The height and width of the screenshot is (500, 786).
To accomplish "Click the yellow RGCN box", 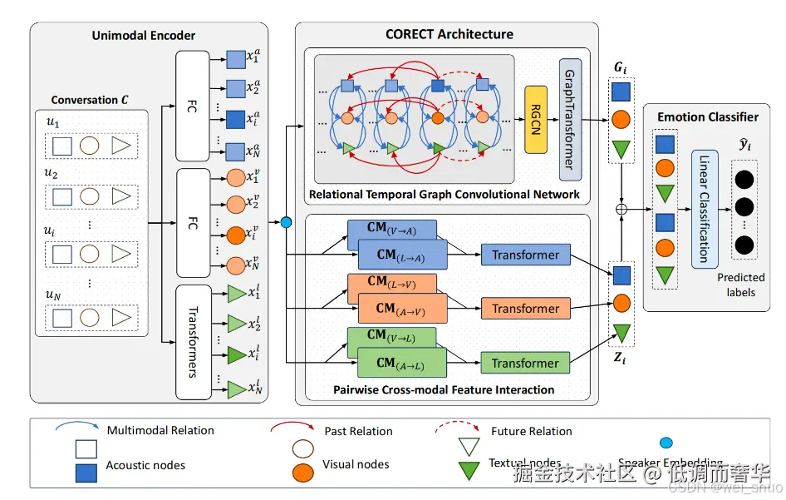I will click(536, 118).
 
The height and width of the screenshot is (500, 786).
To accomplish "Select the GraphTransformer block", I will click(570, 119).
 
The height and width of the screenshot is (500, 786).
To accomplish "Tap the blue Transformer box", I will click(525, 255).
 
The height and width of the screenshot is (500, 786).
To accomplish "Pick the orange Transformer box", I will click(525, 309).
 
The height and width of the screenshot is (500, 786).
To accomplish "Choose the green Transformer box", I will click(525, 363).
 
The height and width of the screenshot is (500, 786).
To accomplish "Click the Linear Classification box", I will click(704, 210).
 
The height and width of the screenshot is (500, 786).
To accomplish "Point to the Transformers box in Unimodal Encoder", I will click(193, 342).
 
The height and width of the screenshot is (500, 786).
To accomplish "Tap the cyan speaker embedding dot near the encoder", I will click(286, 222).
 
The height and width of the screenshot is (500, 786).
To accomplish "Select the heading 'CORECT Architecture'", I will click(449, 34).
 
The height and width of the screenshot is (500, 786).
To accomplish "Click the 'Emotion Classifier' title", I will click(708, 116).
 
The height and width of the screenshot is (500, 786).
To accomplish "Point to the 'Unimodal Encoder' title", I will click(144, 35).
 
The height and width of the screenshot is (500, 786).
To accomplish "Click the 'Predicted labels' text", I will click(741, 285).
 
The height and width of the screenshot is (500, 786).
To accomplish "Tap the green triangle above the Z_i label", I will click(621, 333).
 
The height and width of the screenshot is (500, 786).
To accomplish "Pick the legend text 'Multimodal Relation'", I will click(160, 430).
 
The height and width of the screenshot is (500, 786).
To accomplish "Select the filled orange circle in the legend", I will click(304, 472).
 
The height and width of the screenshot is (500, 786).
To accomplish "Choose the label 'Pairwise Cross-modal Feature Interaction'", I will click(444, 389).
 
